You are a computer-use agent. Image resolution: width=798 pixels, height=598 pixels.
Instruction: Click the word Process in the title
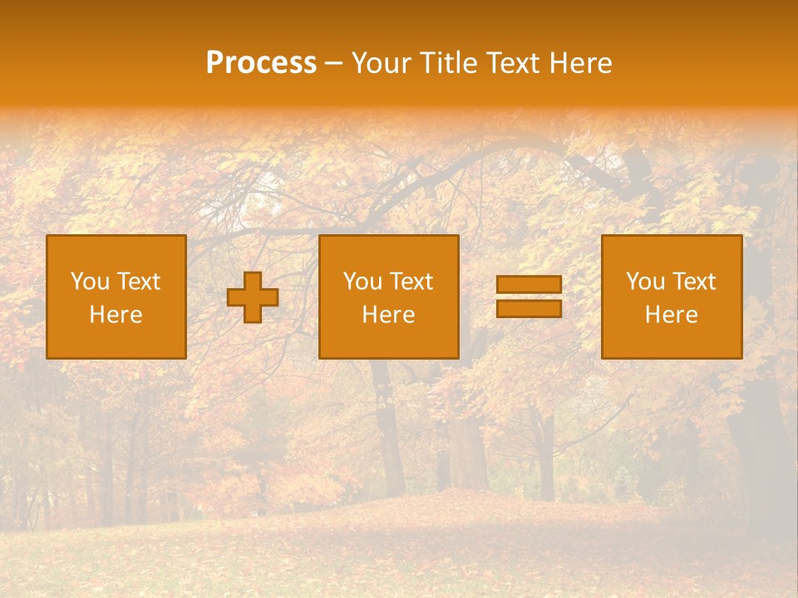[x=261, y=63]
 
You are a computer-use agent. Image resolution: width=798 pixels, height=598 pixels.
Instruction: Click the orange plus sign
[x=253, y=297]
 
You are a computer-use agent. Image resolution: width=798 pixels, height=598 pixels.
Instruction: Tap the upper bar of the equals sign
[x=529, y=285]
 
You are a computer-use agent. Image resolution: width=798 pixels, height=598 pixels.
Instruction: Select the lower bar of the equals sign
[x=529, y=308]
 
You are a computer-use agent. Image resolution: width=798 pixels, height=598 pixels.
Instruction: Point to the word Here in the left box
[x=116, y=315]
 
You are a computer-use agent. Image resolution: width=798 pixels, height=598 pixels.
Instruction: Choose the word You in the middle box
[x=362, y=282]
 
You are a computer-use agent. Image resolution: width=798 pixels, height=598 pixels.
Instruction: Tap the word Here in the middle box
[x=388, y=315]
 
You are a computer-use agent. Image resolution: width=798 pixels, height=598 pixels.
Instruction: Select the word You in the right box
[x=645, y=282]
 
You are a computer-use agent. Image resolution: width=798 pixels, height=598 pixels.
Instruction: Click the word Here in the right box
[x=671, y=315]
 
